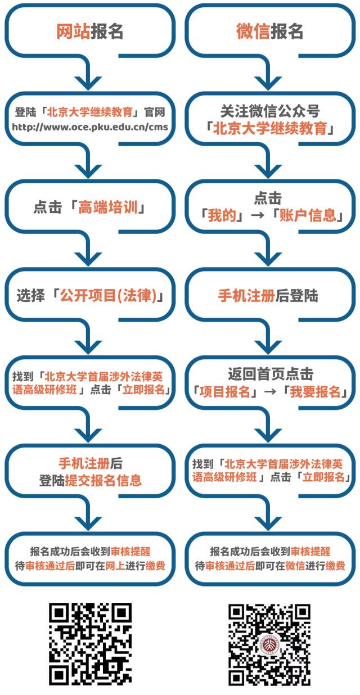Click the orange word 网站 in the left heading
(73, 31)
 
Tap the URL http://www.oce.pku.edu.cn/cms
(90, 127)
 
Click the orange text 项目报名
(224, 392)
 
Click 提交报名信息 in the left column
(103, 480)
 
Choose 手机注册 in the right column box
(246, 296)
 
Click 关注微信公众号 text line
(269, 111)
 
